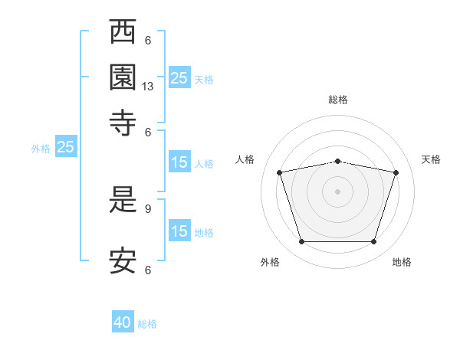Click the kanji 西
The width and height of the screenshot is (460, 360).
pos(123,31)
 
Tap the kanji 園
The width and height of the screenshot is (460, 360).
pos(123,77)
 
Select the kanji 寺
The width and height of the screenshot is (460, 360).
pos(123,123)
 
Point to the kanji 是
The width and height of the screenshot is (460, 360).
pos(123,199)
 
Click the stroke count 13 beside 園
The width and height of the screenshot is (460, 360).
pos(147,87)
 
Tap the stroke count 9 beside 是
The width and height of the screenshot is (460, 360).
pos(148,209)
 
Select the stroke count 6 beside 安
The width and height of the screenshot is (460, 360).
pos(148,270)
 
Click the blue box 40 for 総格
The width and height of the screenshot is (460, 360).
pos(123,321)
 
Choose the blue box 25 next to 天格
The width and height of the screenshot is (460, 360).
pos(179,77)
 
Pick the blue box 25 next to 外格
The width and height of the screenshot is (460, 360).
pos(66,146)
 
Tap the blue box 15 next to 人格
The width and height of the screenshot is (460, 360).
pos(179,162)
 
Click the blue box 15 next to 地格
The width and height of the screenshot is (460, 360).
pos(179,230)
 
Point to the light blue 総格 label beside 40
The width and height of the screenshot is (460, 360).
pos(147,324)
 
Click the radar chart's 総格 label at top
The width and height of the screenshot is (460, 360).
pos(338,100)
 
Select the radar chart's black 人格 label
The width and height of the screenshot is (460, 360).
pos(245,159)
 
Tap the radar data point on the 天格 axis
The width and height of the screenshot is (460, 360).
pos(396,172)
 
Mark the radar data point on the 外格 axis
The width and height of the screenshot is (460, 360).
pos(302,241)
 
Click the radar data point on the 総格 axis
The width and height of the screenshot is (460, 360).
pos(337,162)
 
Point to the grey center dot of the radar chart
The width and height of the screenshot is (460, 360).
pos(337,191)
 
